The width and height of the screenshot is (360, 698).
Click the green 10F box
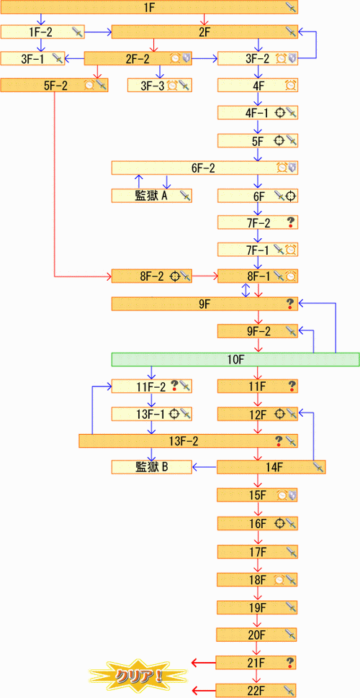pyautogui.click(x=235, y=360)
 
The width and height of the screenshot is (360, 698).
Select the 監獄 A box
pyautogui.click(x=151, y=195)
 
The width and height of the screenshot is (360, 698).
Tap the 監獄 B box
pyautogui.click(x=151, y=467)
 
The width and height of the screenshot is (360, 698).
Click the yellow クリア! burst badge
pyautogui.click(x=139, y=676)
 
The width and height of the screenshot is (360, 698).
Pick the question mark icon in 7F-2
pyautogui.click(x=290, y=222)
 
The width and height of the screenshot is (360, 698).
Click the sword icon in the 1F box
pyautogui.click(x=290, y=6)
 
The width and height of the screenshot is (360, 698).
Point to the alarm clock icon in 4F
pyautogui.click(x=291, y=85)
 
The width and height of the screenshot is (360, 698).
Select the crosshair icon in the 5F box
pyautogui.click(x=279, y=140)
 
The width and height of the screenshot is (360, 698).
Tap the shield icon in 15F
pyautogui.click(x=292, y=494)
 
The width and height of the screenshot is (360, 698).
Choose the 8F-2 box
pyautogui.click(x=151, y=276)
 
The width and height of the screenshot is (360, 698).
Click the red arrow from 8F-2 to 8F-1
pyautogui.click(x=204, y=276)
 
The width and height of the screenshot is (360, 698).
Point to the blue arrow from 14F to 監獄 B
pyautogui.click(x=204, y=467)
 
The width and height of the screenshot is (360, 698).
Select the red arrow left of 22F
pyautogui.click(x=204, y=690)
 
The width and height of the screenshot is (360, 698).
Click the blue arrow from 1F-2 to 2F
pyautogui.click(x=98, y=32)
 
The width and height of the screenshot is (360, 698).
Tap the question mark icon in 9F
pyautogui.click(x=290, y=304)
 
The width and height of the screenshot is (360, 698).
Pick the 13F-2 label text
pyautogui.click(x=184, y=440)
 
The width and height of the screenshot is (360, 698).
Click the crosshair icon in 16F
pyautogui.click(x=280, y=523)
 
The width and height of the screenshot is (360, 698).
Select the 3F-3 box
pyautogui.click(x=160, y=85)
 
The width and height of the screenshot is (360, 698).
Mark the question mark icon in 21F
pyautogui.click(x=290, y=662)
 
